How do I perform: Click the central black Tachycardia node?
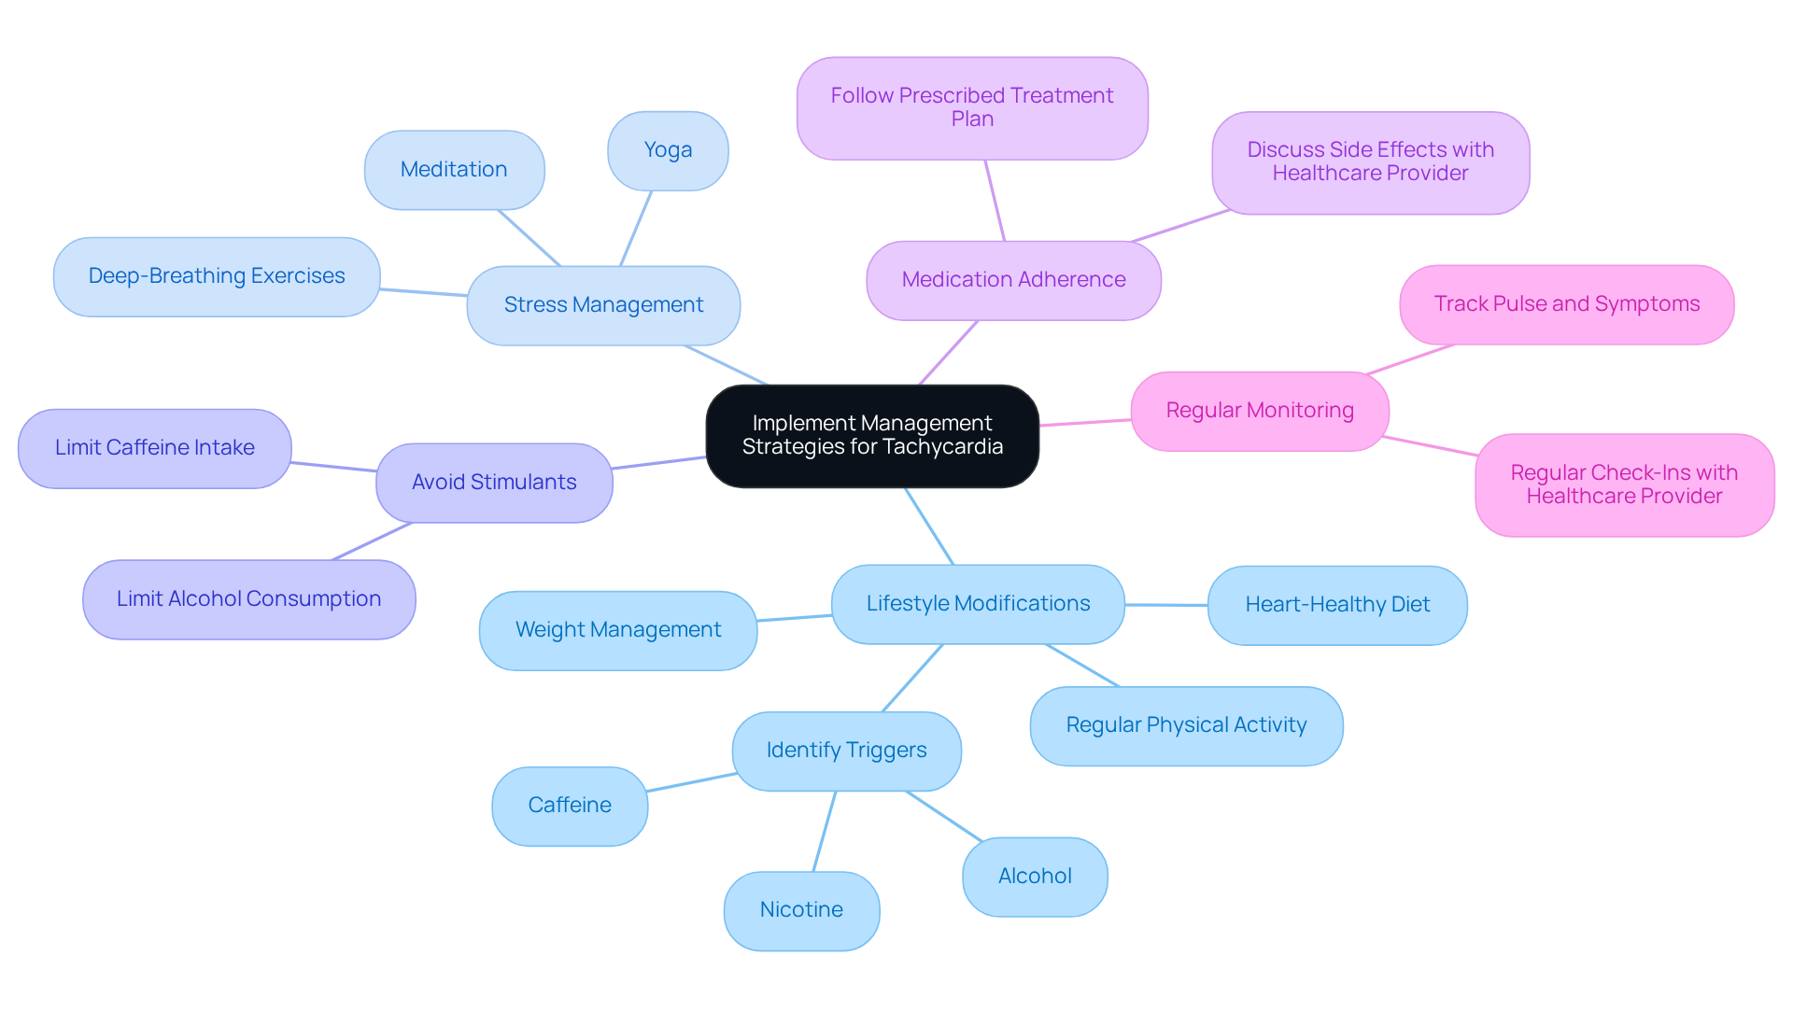[x=872, y=435]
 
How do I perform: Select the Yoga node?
[x=668, y=150]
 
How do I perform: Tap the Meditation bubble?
[x=454, y=170]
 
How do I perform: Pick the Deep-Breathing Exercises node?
[x=217, y=276]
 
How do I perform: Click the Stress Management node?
[x=603, y=305]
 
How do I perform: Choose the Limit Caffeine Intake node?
[x=155, y=448]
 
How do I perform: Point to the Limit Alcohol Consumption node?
[x=248, y=599]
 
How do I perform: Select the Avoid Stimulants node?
[x=494, y=483]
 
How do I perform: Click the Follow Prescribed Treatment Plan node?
[x=971, y=107]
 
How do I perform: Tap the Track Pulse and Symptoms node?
[x=1566, y=304]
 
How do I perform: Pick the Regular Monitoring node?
[x=1259, y=411]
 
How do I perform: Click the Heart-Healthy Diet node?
[x=1336, y=605]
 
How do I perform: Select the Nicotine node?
[x=801, y=910]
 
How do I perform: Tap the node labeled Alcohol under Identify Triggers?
[x=1035, y=877]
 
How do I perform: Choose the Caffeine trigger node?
[x=570, y=806]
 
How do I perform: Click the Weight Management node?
[x=618, y=630]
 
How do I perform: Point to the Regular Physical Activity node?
[x=1186, y=725]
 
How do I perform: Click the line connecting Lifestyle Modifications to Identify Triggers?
[x=913, y=678]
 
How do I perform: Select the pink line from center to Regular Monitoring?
[x=1085, y=423]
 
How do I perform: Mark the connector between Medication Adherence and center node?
[x=949, y=352]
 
